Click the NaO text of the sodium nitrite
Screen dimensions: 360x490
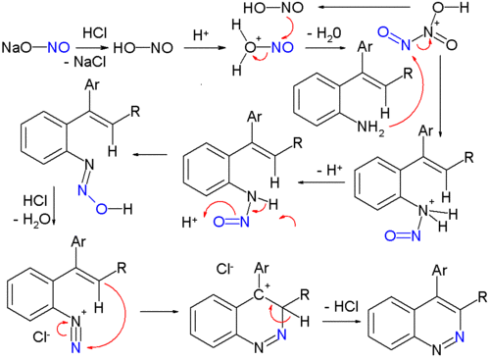(17, 46)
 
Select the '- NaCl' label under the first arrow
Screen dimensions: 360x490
(86, 60)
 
